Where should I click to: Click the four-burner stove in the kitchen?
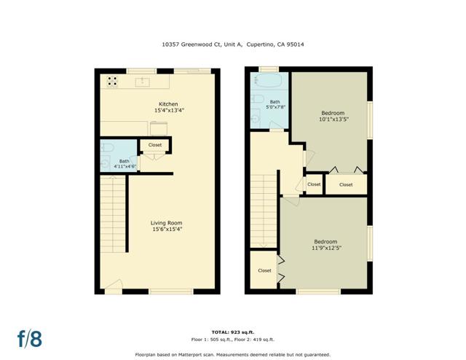point(113,82)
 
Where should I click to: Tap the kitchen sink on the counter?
point(143,82)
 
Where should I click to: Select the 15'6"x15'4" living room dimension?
point(167,230)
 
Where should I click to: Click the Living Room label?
point(167,222)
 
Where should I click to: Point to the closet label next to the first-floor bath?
point(155,145)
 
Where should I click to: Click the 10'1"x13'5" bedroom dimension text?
point(333,120)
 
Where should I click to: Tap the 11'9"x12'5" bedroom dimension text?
point(325,249)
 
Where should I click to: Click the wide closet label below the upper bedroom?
point(346,184)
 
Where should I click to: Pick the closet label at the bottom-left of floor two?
point(264,270)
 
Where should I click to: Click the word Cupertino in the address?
point(261,44)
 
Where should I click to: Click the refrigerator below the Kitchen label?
point(159,128)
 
